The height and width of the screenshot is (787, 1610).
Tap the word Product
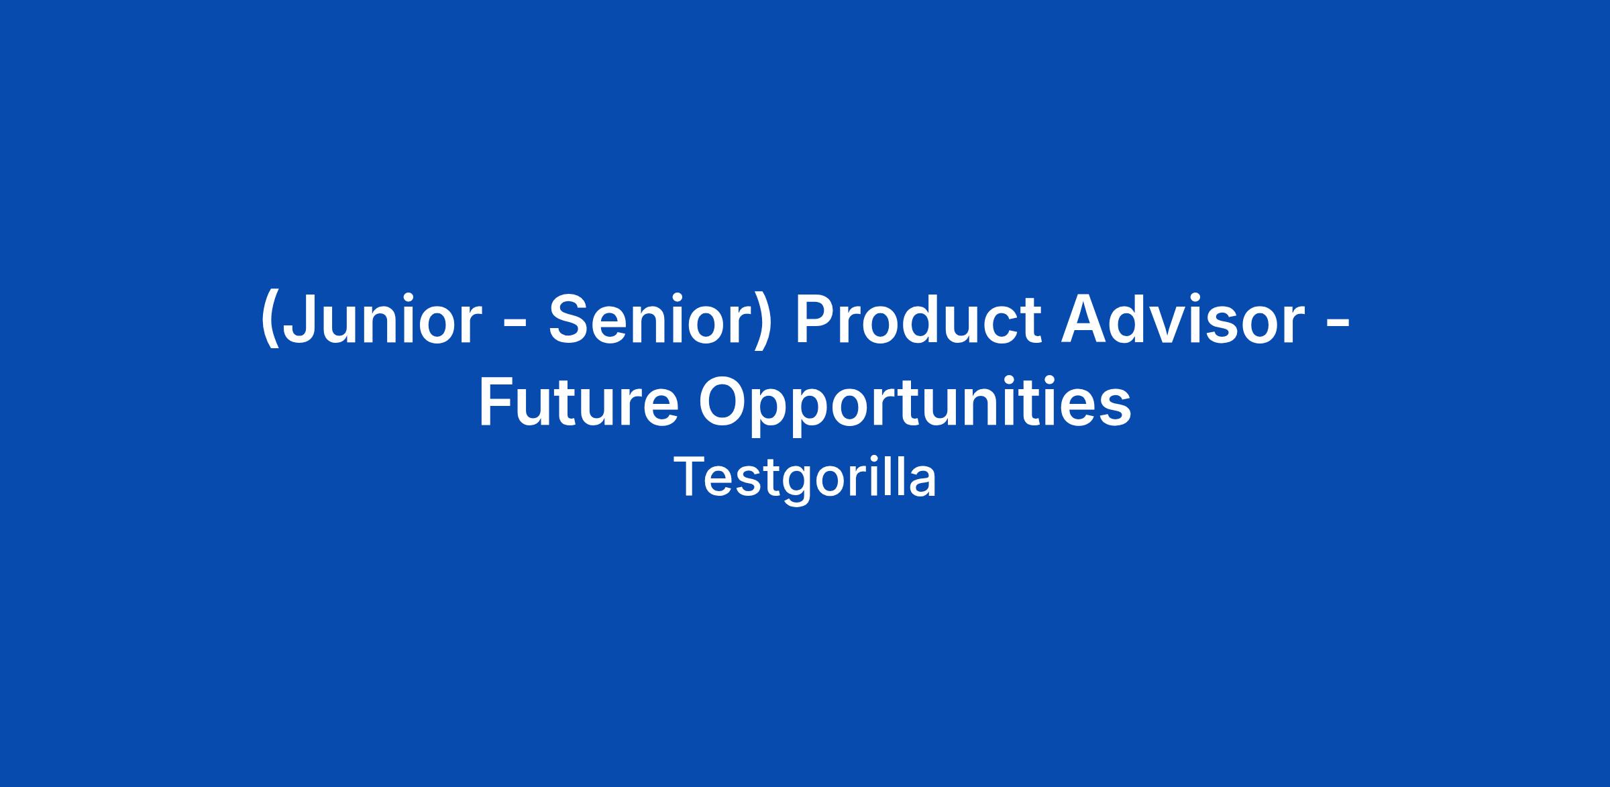[918, 319]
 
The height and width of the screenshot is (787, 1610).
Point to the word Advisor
[1183, 319]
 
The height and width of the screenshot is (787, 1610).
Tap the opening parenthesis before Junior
[269, 321]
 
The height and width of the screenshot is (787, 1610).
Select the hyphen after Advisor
[1338, 325]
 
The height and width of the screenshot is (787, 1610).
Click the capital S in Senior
[570, 319]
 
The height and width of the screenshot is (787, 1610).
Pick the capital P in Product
[815, 319]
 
